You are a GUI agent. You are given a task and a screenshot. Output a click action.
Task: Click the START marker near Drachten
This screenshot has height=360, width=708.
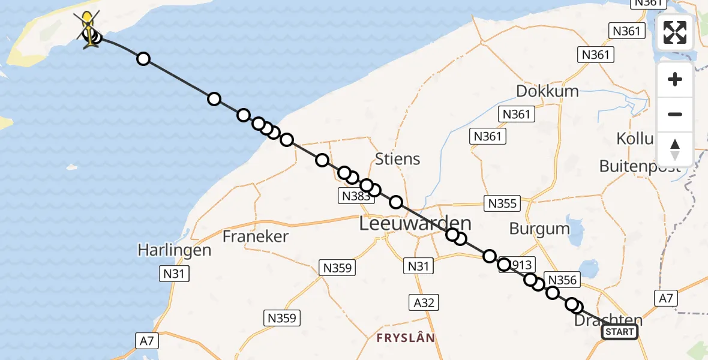[619, 332]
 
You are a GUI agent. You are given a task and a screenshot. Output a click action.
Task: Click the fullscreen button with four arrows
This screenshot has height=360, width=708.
[675, 32]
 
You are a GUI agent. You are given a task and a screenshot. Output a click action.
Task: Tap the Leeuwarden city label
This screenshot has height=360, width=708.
[415, 224]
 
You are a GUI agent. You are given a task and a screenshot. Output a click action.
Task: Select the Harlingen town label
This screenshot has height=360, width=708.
[174, 250]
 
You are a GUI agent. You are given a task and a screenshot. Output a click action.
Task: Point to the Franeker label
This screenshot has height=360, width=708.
[256, 236]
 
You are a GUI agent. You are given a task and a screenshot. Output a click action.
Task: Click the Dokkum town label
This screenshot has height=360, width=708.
[548, 91]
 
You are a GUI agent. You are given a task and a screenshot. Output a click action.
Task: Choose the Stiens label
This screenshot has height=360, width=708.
[397, 160]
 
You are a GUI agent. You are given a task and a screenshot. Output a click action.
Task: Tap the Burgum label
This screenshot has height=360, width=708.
[539, 228]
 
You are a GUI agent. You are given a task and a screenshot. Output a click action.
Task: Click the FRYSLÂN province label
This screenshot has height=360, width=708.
[406, 338]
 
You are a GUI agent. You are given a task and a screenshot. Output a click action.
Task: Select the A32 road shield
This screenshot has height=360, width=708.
[424, 302]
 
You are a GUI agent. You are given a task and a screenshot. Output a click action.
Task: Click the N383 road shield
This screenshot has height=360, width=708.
[355, 196]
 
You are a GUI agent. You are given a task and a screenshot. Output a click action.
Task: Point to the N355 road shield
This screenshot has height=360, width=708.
[502, 203]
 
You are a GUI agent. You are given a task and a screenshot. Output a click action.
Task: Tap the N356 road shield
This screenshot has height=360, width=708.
[562, 280]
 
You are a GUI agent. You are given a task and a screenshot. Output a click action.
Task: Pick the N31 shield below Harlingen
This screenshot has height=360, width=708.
[173, 274]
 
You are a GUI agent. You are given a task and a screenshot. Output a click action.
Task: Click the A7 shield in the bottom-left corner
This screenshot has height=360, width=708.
[147, 341]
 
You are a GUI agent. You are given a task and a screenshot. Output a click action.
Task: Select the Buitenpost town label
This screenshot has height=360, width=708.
[640, 166]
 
